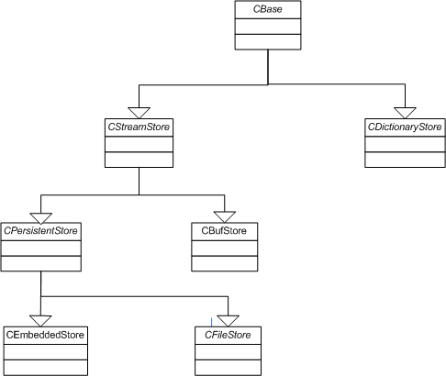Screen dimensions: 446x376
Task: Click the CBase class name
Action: [268, 9]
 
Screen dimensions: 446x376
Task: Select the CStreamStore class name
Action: [139, 127]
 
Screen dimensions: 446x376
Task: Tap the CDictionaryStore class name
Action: [405, 127]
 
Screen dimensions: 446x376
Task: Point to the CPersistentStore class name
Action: [40, 231]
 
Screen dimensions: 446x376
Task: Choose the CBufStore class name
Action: [224, 230]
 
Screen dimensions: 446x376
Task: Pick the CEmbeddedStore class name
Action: [45, 335]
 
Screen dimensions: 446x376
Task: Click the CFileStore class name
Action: [228, 335]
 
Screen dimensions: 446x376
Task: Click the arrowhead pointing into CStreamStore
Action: [139, 113]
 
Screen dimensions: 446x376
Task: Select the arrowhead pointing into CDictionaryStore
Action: [405, 113]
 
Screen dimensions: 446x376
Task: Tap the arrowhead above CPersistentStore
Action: [41, 218]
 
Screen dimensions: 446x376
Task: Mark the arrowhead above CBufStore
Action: [225, 216]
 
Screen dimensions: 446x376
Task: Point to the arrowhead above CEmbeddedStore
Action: [41, 321]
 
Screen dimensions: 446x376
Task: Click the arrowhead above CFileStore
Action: [229, 321]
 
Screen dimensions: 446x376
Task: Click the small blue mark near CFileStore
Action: [211, 322]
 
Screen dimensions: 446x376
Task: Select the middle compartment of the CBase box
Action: [268, 27]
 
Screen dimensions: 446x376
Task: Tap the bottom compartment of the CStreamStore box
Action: [139, 160]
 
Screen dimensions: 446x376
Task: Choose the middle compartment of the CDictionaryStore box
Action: [405, 144]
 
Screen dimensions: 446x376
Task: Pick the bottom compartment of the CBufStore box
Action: [225, 263]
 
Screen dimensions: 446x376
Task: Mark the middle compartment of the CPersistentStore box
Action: [41, 248]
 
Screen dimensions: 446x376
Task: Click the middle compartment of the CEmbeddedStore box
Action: [46, 352]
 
